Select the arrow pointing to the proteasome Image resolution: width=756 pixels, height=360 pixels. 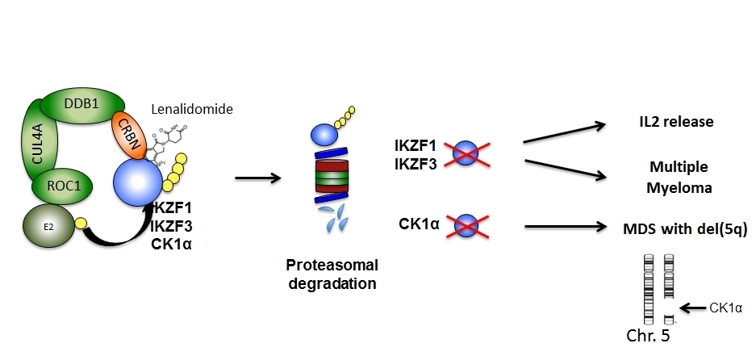(257, 178)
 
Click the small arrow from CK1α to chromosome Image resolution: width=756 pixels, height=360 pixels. (692, 307)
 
